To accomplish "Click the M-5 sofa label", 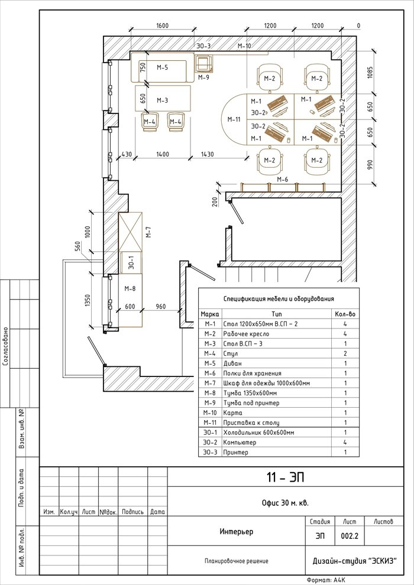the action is [x=163, y=67].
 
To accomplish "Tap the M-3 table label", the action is [x=163, y=100].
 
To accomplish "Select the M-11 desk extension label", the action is [x=234, y=119].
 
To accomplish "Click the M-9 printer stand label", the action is [x=204, y=77].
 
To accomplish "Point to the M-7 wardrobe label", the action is [x=148, y=232].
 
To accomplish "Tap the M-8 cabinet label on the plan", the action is [x=130, y=288].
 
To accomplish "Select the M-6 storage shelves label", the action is [x=282, y=180].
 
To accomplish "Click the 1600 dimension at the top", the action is [x=163, y=26].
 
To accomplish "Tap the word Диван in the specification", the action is [x=232, y=363].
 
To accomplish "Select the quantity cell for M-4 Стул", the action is [x=345, y=353].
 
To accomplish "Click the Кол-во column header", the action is [x=345, y=314].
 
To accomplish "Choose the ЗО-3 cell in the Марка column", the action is [x=210, y=452].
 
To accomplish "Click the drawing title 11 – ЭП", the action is [x=285, y=477].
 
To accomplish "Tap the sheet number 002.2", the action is [x=350, y=536].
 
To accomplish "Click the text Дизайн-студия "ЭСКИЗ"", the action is [x=354, y=561].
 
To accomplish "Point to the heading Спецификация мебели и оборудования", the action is [x=279, y=299].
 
